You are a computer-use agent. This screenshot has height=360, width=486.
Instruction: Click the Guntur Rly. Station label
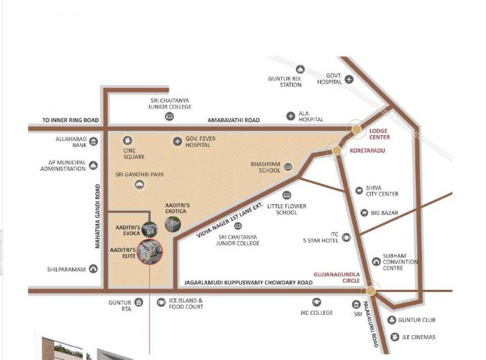(285, 82)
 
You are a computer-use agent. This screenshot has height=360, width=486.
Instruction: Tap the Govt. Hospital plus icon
(349, 79)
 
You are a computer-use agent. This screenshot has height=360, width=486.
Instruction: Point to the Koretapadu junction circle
(337, 150)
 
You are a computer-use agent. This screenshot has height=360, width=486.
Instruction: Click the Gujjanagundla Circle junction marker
(372, 291)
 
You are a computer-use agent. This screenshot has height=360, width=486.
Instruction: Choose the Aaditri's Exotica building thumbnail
(172, 224)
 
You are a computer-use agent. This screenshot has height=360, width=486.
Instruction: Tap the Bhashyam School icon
(288, 166)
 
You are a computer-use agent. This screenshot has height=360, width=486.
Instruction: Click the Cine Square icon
(127, 140)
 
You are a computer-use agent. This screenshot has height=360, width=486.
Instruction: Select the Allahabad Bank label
(69, 142)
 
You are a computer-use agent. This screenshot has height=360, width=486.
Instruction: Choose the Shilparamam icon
(94, 269)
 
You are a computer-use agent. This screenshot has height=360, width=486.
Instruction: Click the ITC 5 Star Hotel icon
(346, 237)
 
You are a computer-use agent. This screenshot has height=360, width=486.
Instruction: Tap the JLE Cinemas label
(419, 337)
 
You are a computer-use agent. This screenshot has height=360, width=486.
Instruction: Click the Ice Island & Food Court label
(186, 304)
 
